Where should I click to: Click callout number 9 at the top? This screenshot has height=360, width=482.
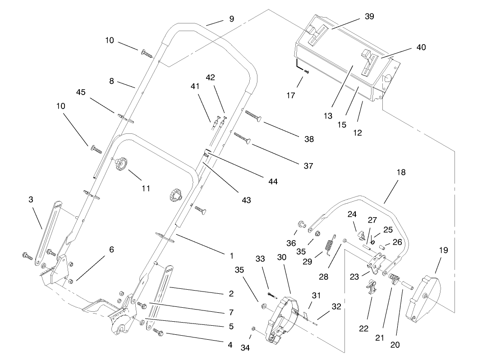pos(231,19)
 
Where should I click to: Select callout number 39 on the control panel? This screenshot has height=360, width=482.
pos(369,17)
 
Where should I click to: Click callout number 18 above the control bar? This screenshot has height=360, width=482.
pos(401,173)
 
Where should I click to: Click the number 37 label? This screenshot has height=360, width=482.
pos(308,166)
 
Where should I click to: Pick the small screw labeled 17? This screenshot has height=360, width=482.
pos(306,71)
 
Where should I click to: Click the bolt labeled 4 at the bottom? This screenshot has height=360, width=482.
pos(158,332)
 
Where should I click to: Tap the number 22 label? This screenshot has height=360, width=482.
pos(364,328)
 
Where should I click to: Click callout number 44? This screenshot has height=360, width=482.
pos(272,182)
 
